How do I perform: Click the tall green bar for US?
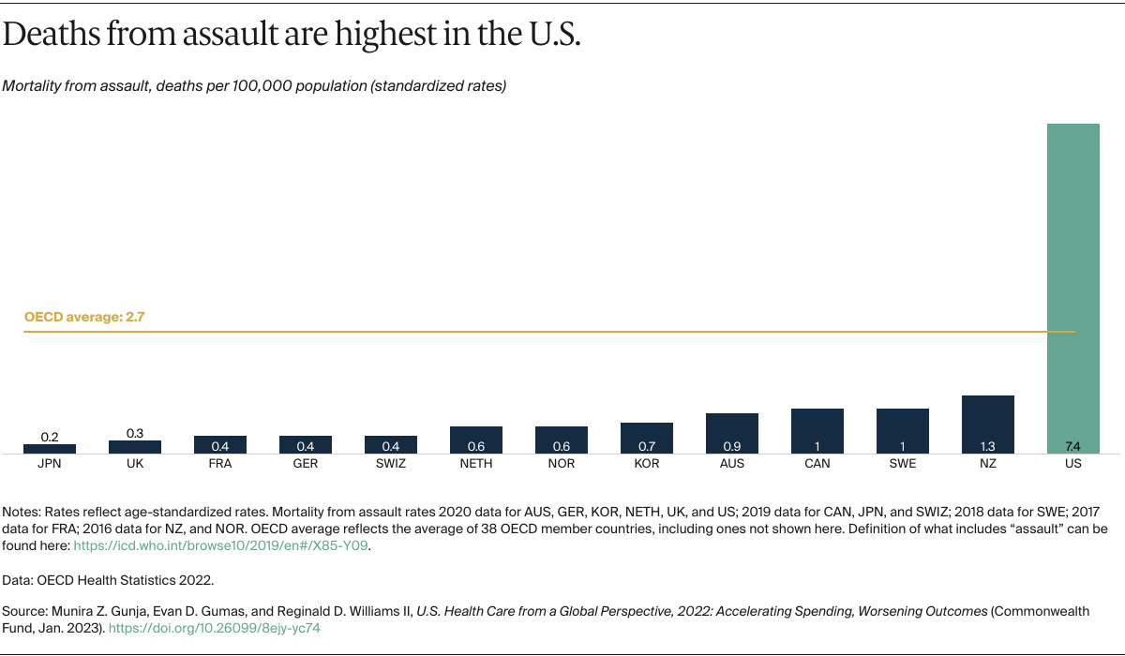pos(1072,281)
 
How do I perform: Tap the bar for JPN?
pos(50,449)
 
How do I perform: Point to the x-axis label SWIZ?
pos(390,464)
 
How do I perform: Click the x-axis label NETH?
pos(475,464)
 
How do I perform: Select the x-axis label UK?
pos(135,464)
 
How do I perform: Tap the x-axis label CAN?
pos(817,464)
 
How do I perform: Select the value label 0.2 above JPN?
pos(50,437)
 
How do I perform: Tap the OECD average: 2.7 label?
pos(83,318)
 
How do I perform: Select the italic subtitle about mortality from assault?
pos(254,86)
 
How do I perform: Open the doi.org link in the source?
pos(215,629)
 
